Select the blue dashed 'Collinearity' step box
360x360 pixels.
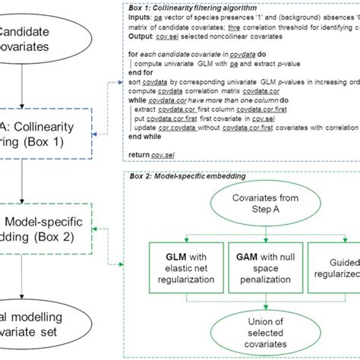click(46, 132)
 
